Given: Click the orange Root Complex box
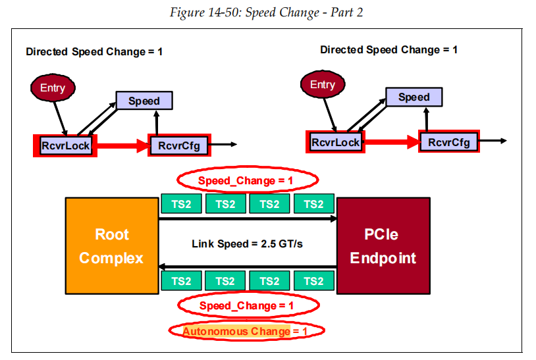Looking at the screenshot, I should [x=111, y=246].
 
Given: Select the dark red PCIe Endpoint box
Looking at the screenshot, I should [x=383, y=246].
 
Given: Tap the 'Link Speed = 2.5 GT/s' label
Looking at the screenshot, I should [x=247, y=244].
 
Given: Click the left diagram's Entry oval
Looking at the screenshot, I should [x=53, y=88].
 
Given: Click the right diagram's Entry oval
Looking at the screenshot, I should [x=323, y=85].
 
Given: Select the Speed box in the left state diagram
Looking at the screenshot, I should [x=144, y=101].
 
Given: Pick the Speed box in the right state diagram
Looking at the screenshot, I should [x=414, y=97].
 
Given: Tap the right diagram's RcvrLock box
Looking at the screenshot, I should [x=336, y=141].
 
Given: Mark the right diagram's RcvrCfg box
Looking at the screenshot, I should [x=449, y=141].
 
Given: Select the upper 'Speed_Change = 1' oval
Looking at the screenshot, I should [x=247, y=179].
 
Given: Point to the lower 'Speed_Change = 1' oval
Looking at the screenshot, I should [x=247, y=306].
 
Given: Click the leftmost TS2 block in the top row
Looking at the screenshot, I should [x=182, y=204].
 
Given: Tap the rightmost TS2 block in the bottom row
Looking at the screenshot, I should [x=313, y=281].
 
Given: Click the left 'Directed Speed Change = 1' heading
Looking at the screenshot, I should [x=94, y=51].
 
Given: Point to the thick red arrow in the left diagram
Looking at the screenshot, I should [x=122, y=145].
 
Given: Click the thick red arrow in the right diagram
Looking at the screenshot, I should [x=392, y=141].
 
